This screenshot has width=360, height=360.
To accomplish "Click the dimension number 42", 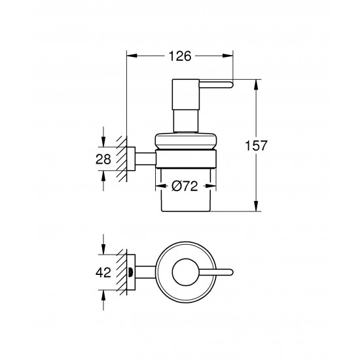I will tap(103, 274).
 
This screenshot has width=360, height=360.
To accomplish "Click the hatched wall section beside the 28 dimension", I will tap(122, 158).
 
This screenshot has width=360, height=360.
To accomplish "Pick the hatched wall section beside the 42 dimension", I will tap(122, 273).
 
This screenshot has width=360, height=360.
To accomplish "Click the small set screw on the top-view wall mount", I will tap(133, 273).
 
